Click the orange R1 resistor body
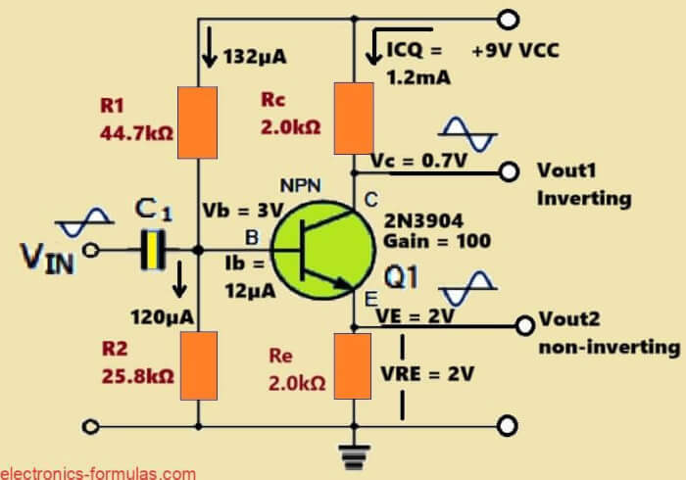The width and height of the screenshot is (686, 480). (x=199, y=122)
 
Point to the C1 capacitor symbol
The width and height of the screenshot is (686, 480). (x=149, y=249)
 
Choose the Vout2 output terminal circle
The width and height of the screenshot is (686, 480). (x=521, y=321)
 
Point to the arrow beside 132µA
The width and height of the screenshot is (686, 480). (x=208, y=51)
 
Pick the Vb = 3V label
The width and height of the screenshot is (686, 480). (x=241, y=210)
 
